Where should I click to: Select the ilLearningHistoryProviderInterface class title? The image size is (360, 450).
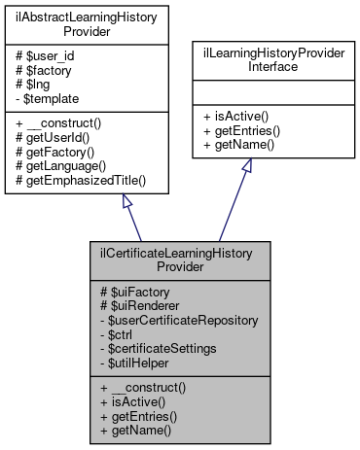tap(272, 64)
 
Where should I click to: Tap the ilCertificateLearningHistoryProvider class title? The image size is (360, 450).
tap(176, 260)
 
